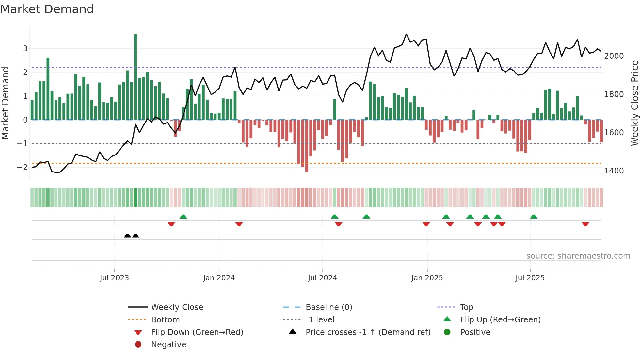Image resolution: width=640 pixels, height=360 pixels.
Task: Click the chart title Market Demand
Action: [47, 9]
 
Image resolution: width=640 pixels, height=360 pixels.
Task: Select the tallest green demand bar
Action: [136, 77]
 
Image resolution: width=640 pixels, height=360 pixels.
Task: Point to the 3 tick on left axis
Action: [25, 49]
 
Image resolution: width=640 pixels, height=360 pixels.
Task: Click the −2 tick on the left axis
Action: [22, 167]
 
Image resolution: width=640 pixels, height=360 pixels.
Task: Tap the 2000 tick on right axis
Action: [614, 56]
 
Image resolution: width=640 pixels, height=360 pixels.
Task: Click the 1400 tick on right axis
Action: [614, 171]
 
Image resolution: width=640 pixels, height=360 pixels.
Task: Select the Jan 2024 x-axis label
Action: [219, 278]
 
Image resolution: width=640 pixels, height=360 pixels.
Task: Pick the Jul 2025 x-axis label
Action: [530, 278]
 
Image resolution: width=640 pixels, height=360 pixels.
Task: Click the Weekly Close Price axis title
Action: [634, 103]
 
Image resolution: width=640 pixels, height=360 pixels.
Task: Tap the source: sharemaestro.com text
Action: [578, 256]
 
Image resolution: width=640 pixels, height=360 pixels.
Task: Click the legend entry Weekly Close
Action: [177, 307]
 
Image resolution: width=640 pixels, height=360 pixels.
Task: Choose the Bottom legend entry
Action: [165, 320]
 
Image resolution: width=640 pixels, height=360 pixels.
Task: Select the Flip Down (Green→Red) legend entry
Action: [197, 332]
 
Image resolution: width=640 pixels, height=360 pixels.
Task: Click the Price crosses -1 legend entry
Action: [368, 332]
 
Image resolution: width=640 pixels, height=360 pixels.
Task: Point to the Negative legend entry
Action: [168, 345]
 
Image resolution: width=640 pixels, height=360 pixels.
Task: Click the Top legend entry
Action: [467, 307]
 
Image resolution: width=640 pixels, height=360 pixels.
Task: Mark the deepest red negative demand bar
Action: [307, 146]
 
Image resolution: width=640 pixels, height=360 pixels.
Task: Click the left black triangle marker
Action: [128, 236]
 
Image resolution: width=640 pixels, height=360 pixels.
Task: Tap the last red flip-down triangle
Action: [585, 224]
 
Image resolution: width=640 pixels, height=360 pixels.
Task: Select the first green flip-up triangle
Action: [183, 217]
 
